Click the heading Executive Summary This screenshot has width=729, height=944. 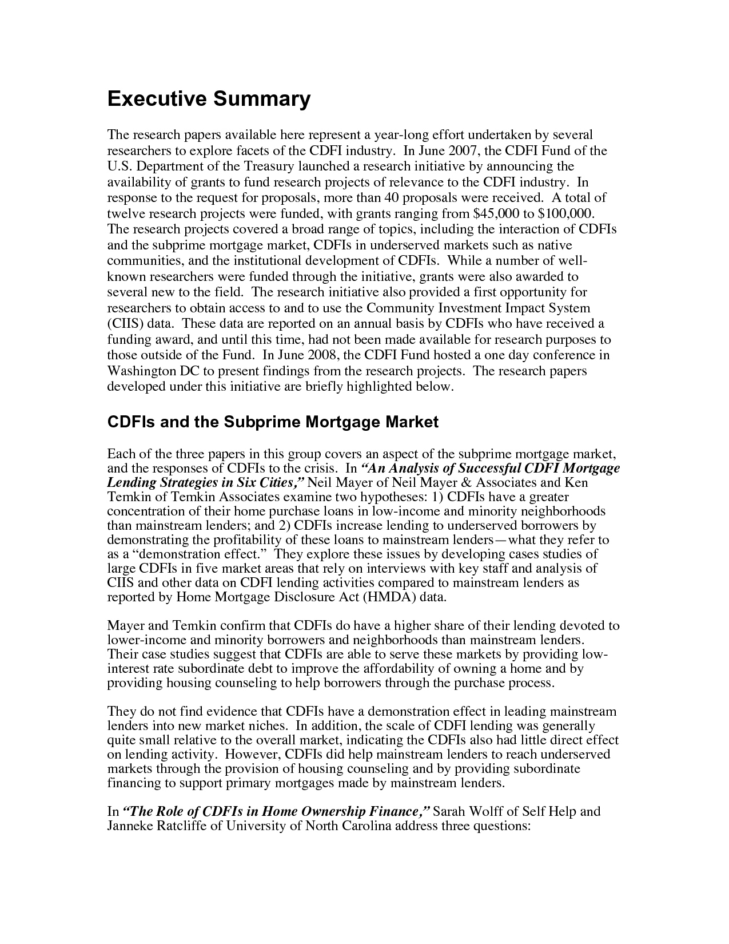209,100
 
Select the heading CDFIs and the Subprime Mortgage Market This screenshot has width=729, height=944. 273,422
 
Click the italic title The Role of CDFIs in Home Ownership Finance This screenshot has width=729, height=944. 278,812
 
